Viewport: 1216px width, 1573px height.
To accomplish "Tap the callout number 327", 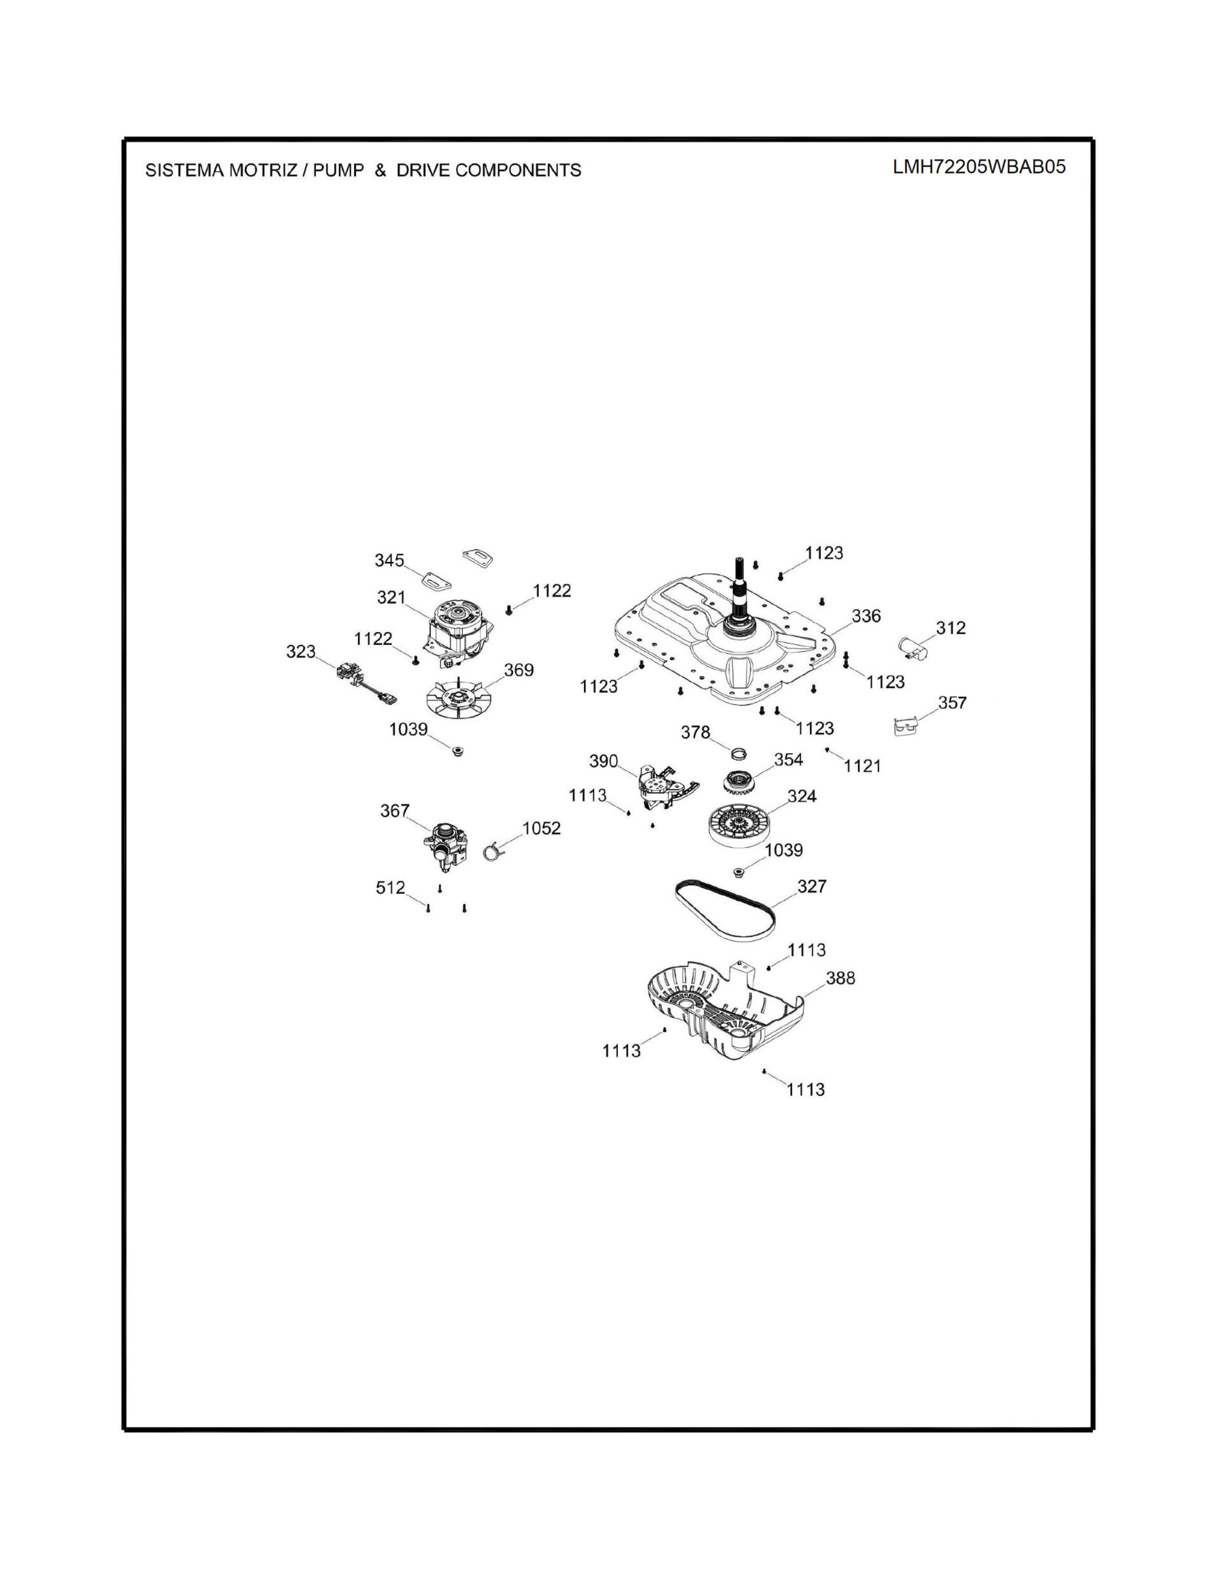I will [x=812, y=887].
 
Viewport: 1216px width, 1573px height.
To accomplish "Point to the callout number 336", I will [x=866, y=616].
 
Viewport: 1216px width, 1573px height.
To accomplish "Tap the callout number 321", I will [x=391, y=597].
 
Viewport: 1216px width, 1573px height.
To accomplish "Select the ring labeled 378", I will [x=738, y=753].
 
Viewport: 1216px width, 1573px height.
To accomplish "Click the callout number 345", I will [x=389, y=561].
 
